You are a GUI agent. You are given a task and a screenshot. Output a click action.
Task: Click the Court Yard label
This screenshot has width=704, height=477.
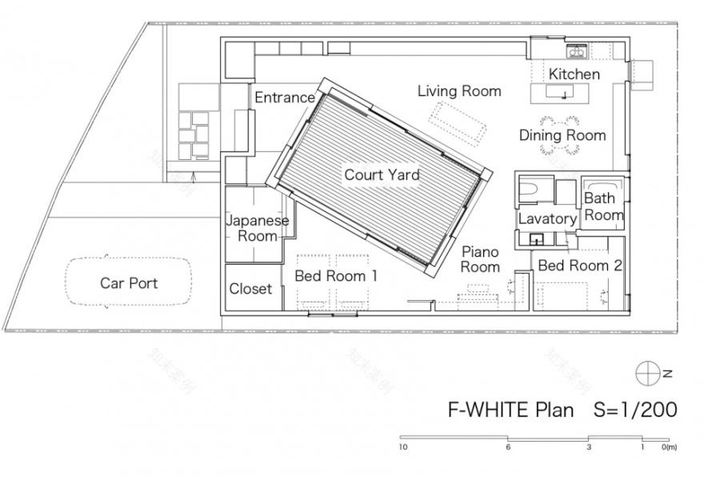[382, 174]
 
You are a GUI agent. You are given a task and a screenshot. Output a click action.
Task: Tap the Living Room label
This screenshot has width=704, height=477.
[459, 91]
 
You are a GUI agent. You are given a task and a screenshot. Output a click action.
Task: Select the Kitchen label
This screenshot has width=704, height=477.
[574, 74]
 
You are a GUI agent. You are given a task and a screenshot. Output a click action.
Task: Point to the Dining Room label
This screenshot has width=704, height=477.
[562, 135]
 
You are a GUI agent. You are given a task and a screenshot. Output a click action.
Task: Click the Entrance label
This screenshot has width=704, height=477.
[284, 98]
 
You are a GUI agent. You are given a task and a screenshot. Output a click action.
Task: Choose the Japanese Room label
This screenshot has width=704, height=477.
[252, 227]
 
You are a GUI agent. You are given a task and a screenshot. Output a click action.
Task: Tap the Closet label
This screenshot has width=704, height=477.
[250, 289]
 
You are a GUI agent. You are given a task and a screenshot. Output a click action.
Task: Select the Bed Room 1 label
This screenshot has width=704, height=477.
[336, 275]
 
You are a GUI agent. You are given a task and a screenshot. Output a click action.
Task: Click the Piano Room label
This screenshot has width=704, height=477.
[480, 259]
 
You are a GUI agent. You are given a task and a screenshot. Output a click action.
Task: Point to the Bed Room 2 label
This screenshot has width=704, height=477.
[580, 266]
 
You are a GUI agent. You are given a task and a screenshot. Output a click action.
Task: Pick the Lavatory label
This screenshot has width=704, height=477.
[547, 218]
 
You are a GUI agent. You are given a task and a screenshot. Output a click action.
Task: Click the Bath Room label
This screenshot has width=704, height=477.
[603, 206]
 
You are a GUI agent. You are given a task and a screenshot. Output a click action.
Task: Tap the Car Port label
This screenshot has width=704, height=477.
[129, 283]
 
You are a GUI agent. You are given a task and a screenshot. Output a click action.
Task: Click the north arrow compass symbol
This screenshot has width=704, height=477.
[646, 372]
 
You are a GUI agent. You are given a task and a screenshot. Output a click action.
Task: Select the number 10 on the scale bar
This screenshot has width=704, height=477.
[405, 447]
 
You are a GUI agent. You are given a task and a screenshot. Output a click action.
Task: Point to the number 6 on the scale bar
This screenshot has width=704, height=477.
[507, 447]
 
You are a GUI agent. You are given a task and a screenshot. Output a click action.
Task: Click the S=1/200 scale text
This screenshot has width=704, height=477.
[634, 410]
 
